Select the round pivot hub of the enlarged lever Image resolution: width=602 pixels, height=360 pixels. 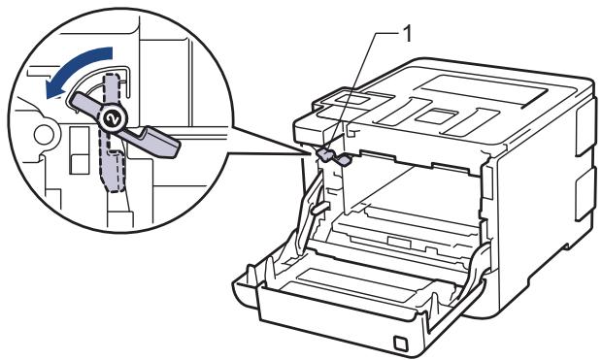click(112, 116)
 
